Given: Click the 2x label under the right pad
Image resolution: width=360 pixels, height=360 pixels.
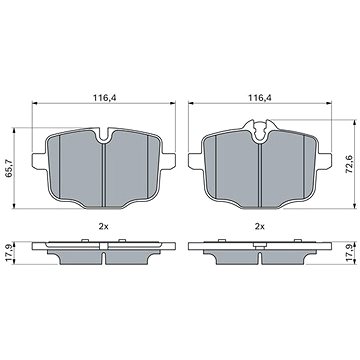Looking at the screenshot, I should click(x=261, y=227).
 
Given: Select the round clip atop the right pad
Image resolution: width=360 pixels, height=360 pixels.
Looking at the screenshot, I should click(x=261, y=127).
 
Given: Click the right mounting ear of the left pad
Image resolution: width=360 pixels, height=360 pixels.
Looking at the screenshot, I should click(x=171, y=160).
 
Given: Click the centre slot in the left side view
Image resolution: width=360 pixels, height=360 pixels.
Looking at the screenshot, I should click(x=105, y=256).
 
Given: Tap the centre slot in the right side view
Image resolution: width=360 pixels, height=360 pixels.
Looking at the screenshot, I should click(x=261, y=256).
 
